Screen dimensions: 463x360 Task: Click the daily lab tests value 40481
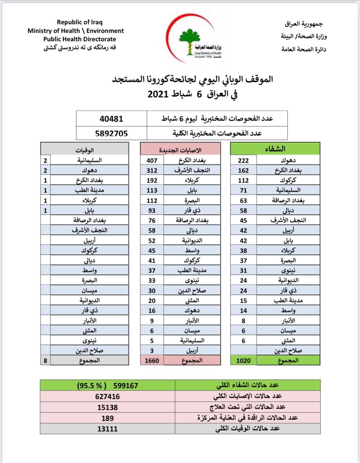point(111,119)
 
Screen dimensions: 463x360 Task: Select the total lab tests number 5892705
point(111,133)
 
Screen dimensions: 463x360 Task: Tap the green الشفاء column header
point(275,149)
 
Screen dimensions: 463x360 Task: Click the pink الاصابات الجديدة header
point(180,149)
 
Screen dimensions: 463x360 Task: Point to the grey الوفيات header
point(85,149)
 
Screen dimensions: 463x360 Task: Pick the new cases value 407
point(152,160)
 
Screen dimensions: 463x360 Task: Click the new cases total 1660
point(152,360)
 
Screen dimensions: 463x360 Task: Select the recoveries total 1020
point(243,360)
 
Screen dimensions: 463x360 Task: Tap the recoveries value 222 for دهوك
point(243,160)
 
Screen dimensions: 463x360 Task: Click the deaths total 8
point(45,360)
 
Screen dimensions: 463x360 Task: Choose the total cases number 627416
point(107,396)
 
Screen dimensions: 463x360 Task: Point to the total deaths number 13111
point(107,429)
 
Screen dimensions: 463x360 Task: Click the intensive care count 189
point(107,418)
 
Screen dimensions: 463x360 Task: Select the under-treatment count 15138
point(107,407)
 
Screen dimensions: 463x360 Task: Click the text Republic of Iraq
point(80,22)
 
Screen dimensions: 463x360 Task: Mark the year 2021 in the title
point(158,94)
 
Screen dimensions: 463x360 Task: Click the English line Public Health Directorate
point(80,39)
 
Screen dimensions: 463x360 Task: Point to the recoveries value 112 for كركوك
point(243,180)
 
